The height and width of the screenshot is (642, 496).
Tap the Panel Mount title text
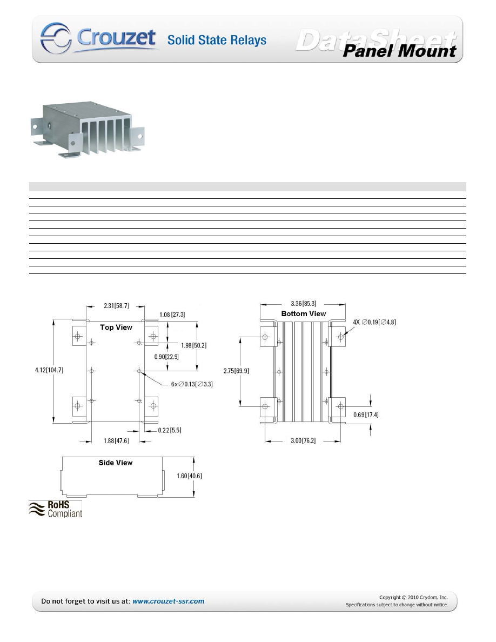click(400, 51)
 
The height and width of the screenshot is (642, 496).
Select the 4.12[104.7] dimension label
click(49, 370)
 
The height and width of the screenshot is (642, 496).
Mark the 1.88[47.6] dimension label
click(116, 441)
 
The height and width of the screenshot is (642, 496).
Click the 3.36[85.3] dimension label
click(304, 304)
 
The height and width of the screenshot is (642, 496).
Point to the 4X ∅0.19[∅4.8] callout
click(375, 322)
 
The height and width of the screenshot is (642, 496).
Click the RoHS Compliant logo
click(56, 509)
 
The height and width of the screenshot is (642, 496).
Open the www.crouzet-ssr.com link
click(168, 601)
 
